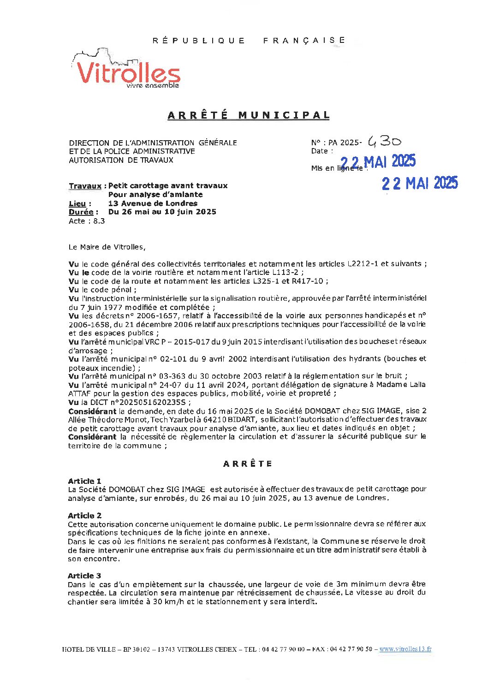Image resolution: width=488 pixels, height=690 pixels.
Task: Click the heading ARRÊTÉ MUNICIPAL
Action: coord(249,115)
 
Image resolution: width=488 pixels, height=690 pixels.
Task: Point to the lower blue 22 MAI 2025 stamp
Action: coord(419,184)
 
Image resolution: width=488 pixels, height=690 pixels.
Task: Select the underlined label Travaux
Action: coord(85,186)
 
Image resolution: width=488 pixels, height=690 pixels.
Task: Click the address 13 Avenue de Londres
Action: coord(153,203)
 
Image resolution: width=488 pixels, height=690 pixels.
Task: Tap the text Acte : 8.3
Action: coord(87,221)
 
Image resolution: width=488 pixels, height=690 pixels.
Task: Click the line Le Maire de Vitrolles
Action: coord(107,247)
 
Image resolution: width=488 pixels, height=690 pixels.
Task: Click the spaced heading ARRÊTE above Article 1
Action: coord(248,464)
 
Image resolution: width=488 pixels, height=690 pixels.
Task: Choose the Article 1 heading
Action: coord(84,481)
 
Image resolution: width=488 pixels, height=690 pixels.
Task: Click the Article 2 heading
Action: coord(84,516)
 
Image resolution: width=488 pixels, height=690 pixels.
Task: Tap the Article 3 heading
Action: coord(84,576)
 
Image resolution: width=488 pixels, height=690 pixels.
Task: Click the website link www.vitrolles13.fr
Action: coord(405,649)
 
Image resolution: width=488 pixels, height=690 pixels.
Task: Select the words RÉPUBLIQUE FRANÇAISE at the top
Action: coord(249,41)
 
